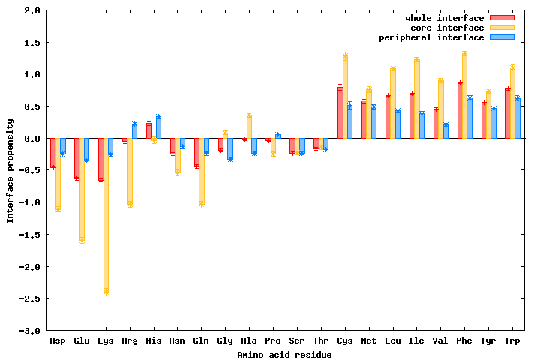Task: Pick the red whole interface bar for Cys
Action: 340,113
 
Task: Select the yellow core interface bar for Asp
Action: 58,174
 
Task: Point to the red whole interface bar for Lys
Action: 100,159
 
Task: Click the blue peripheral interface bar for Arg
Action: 134,131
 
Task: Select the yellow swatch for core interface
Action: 502,27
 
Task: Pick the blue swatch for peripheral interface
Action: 502,37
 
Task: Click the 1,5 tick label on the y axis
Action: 31,43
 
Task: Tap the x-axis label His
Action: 153,341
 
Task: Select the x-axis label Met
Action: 368,341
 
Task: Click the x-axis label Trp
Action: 512,341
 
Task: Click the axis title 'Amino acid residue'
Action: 284,355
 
